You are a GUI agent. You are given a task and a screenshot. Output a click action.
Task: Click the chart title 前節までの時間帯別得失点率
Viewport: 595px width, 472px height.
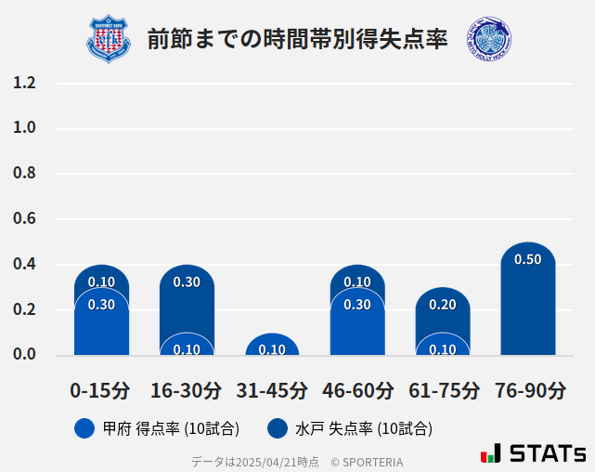297,39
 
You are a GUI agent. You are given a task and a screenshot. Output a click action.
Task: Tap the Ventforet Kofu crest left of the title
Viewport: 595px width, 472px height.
110,39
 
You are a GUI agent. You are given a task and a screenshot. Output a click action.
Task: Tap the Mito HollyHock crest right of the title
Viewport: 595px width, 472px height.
489,39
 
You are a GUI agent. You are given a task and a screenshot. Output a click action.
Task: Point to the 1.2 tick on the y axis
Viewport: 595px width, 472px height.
25,84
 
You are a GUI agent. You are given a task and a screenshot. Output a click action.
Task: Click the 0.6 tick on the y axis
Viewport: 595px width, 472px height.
25,219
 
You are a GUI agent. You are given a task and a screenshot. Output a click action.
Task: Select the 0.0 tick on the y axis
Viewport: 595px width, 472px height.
25,355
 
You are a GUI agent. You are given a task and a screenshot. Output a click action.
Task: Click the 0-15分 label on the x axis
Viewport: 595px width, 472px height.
101,390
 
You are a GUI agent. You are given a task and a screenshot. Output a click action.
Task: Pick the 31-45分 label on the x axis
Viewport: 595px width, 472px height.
272,390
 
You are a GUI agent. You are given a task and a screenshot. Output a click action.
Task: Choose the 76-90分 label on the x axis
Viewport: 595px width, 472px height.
528,390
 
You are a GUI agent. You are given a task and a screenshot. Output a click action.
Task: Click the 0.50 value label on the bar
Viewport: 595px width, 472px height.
527,260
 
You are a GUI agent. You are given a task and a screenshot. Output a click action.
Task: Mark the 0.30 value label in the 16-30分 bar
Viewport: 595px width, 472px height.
187,282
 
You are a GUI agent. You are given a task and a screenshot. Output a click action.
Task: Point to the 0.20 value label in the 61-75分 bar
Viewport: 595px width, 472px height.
443,305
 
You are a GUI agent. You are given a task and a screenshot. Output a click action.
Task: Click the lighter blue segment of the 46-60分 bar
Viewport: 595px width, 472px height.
357,325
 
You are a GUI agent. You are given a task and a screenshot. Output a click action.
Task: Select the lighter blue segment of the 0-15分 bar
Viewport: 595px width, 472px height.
101,325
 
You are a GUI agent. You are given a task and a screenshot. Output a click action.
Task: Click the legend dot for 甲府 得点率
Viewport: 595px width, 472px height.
84,428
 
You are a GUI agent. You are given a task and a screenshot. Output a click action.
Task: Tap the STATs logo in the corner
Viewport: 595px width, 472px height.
533,453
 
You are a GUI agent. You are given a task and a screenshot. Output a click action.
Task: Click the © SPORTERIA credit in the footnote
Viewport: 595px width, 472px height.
367,462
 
